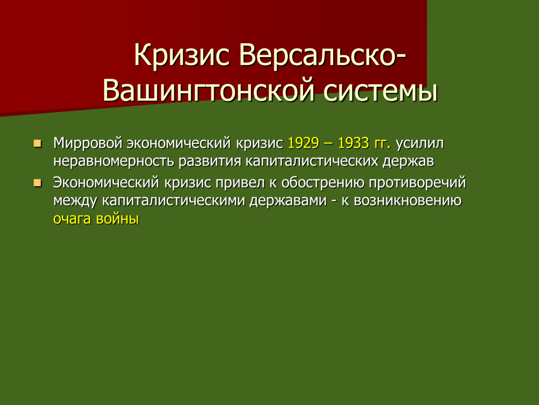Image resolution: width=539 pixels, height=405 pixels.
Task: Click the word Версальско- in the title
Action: tap(322, 55)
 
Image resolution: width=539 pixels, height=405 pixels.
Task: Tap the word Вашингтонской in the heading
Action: tap(209, 91)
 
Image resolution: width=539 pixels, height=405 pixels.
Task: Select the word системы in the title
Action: tap(380, 91)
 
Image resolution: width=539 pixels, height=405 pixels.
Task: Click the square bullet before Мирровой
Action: tap(37, 143)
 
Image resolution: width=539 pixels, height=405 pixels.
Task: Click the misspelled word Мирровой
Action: tap(88, 143)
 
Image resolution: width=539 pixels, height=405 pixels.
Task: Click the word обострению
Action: tap(323, 183)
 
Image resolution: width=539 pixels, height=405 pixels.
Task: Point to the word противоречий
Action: tap(417, 183)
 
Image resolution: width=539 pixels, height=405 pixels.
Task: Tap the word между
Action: tap(75, 201)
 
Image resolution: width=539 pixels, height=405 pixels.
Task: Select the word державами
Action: tap(288, 201)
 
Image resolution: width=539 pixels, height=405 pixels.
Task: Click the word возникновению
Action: tap(408, 201)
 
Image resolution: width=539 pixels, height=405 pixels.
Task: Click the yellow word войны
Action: tap(118, 218)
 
